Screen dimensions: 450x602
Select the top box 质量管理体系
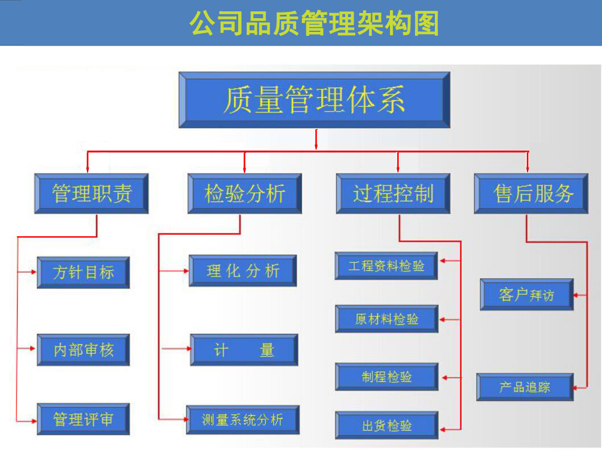pyautogui.click(x=314, y=100)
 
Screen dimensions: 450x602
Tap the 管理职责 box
pyautogui.click(x=92, y=193)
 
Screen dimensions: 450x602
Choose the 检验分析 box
pyautogui.click(x=244, y=193)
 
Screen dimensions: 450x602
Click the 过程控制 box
pyautogui.click(x=393, y=193)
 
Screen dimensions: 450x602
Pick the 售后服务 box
pyautogui.click(x=531, y=193)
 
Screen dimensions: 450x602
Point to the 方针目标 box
pyautogui.click(x=84, y=272)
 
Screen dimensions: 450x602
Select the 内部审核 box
pyautogui.click(x=84, y=349)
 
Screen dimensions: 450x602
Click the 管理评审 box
pyautogui.click(x=84, y=419)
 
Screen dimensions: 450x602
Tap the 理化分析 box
pyautogui.click(x=243, y=270)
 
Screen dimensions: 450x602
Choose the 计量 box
pyautogui.click(x=244, y=349)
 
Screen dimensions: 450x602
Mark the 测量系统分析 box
pyautogui.click(x=243, y=420)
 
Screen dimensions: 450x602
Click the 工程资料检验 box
pyautogui.click(x=386, y=266)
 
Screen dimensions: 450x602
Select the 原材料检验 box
pyautogui.click(x=387, y=319)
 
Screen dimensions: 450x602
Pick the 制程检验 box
pyautogui.click(x=387, y=377)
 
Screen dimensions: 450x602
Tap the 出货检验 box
pyautogui.click(x=387, y=426)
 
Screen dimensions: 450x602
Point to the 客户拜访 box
pyautogui.click(x=526, y=294)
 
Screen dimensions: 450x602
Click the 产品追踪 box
pyautogui.click(x=525, y=387)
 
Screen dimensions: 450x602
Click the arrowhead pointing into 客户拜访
pyautogui.click(x=577, y=295)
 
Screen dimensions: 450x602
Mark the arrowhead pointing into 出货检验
pyautogui.click(x=443, y=428)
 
